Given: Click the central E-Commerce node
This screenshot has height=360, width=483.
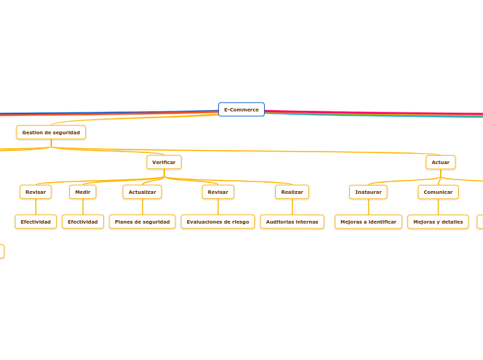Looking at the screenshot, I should pos(241,109).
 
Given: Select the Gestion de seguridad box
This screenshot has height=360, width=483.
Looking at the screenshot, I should pos(51,132).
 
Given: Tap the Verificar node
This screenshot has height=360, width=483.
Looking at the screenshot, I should pos(164,162).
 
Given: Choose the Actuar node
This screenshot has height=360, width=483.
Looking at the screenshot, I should pos(440,162).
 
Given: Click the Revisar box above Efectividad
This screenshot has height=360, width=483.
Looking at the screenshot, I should pos(35,192).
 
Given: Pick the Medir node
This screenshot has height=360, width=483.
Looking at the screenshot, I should pos(82,192).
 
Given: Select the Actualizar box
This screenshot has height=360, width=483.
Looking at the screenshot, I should pos(142,192).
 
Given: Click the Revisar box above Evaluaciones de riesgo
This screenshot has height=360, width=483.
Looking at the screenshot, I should pos(218,192).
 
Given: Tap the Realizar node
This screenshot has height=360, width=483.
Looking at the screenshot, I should pos(292,192).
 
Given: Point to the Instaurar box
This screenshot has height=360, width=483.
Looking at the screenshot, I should pos(368,192).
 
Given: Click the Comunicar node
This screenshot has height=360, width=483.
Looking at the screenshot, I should pos(438,192).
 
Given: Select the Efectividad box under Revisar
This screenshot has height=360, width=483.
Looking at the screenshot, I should pos(35,222).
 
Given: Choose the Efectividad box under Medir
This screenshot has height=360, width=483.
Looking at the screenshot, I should pos(82,222).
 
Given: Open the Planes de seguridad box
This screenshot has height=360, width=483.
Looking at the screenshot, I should pos(142,222).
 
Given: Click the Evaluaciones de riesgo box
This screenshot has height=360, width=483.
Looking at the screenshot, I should pos(218,222).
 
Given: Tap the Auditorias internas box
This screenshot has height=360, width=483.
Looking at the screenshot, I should pos(292,222).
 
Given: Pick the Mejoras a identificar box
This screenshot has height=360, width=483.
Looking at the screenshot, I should pos(368,222).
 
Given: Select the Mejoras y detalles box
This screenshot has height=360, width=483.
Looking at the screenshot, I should pos(438,222).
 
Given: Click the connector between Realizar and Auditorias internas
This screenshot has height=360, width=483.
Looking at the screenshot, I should pos(292,207).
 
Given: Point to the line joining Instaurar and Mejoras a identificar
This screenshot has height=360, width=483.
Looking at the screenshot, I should pos(368,207).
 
